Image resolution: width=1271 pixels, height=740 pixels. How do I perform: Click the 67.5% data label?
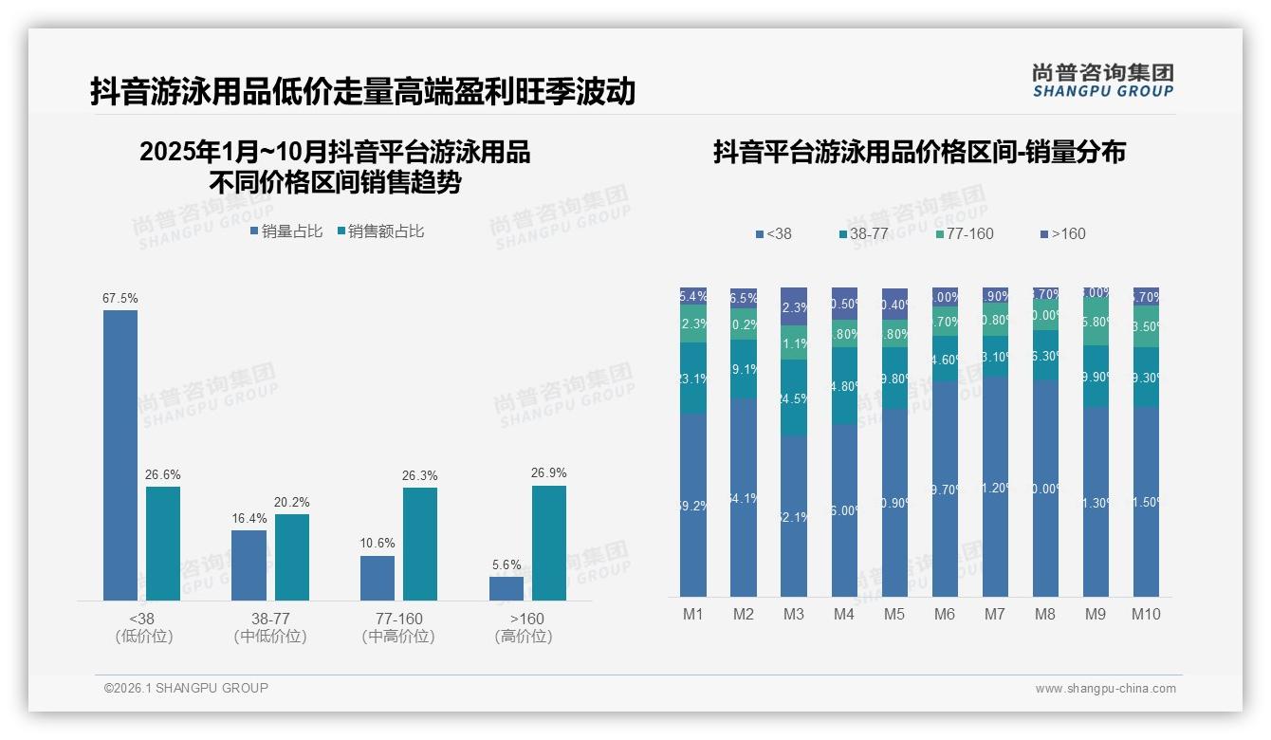pyautogui.click(x=120, y=298)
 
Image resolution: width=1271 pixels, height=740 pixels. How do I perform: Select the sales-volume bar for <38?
pyautogui.click(x=120, y=455)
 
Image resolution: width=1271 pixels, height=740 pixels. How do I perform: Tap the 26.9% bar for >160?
pyautogui.click(x=548, y=543)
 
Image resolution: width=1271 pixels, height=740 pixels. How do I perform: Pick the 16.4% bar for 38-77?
pyautogui.click(x=249, y=564)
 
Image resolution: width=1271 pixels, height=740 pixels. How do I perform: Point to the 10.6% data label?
pyautogui.click(x=378, y=544)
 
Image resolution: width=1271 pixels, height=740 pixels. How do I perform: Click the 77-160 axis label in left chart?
pyautogui.click(x=397, y=619)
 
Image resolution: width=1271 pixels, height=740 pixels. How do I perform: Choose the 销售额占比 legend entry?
pyautogui.click(x=380, y=231)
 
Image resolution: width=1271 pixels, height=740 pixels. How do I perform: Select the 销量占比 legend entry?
pyautogui.click(x=286, y=231)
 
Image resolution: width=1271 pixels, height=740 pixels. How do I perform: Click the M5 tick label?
pyautogui.click(x=894, y=614)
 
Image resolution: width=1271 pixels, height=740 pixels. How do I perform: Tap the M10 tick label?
pyautogui.click(x=1146, y=614)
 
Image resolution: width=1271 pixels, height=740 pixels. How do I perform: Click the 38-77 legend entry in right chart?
pyautogui.click(x=863, y=233)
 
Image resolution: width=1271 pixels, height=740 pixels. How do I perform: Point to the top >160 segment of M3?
pyautogui.click(x=794, y=306)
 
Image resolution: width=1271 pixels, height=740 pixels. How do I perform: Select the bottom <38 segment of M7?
pyautogui.click(x=995, y=487)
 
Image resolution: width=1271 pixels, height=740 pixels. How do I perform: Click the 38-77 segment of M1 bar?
pyautogui.click(x=693, y=378)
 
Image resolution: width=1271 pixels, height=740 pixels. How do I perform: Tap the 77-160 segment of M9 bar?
pyautogui.click(x=1096, y=323)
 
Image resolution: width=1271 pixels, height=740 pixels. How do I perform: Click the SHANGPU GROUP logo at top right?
pyautogui.click(x=1102, y=81)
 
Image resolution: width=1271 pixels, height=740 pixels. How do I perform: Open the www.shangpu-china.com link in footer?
pyautogui.click(x=1105, y=689)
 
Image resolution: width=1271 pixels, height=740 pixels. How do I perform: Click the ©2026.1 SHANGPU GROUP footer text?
pyautogui.click(x=186, y=688)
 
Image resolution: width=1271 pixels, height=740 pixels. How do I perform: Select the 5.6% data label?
pyautogui.click(x=507, y=564)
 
